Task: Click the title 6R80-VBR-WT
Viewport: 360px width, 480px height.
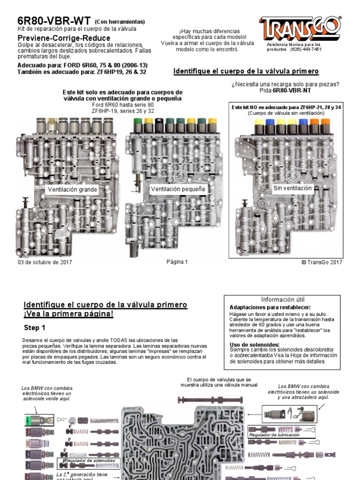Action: point(54,21)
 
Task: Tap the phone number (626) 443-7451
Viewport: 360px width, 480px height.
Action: point(306,49)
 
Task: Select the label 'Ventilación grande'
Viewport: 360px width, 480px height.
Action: point(72,190)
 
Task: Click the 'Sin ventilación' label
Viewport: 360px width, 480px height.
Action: point(292,188)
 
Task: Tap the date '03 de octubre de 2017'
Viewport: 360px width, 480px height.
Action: point(45,262)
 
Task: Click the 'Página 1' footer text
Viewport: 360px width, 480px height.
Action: point(177,262)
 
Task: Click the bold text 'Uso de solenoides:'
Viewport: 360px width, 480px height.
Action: point(255,345)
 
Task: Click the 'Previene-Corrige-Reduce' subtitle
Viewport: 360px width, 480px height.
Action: point(64,38)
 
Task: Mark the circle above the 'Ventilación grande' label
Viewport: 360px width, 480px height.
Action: point(74,177)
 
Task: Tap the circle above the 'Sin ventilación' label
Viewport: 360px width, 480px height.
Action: point(293,176)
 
